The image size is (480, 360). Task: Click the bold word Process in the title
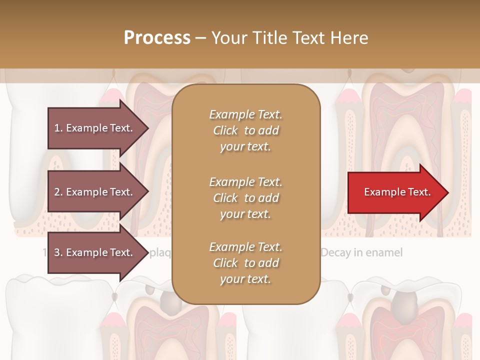[x=157, y=38]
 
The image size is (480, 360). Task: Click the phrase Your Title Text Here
[x=289, y=38]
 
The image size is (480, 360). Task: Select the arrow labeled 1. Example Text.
[x=95, y=128]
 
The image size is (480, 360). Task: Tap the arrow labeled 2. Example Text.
[x=95, y=192]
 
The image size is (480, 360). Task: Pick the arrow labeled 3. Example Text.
[x=95, y=252]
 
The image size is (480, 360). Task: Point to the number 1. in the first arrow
[x=58, y=128]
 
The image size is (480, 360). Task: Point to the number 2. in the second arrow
[x=58, y=192]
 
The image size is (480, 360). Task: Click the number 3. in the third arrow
[x=58, y=253]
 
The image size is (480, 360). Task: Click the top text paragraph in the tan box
[x=245, y=130]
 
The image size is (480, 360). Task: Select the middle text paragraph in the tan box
[x=245, y=198]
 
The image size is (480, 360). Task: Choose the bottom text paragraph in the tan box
[x=245, y=263]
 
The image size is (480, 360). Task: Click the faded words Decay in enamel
[x=361, y=252]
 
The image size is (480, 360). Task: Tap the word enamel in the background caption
[x=384, y=252]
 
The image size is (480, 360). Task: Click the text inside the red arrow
[x=397, y=192]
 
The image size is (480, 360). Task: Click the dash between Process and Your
[x=200, y=38]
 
